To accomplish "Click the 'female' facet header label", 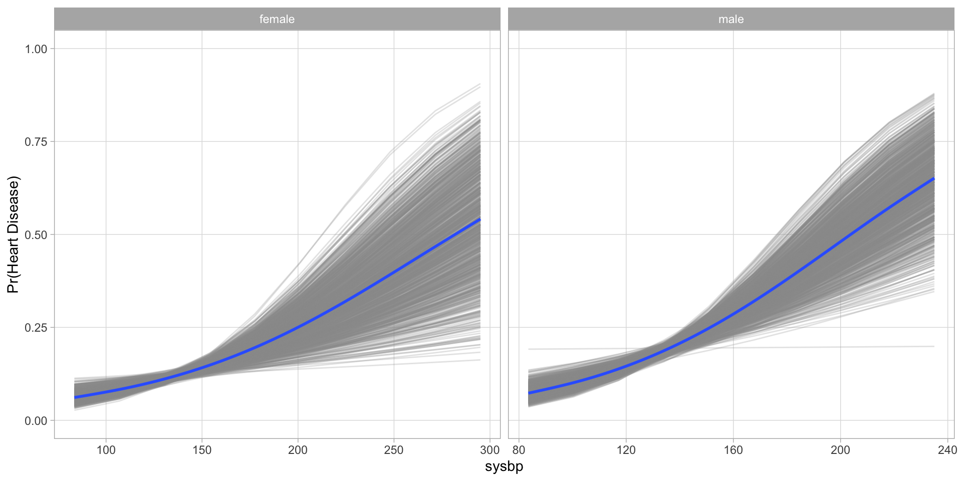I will coord(277,19).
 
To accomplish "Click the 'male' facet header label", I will coord(731,19).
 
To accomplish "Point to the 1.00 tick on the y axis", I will coord(36,49).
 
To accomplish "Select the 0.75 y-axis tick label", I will coord(36,142).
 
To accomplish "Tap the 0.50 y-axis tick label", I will coord(36,234).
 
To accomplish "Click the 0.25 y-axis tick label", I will coord(36,328).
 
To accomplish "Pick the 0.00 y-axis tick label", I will coord(36,420).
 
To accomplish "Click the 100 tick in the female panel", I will coord(106,450).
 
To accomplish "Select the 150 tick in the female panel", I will coord(202,450).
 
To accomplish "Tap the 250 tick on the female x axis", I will coord(394,450).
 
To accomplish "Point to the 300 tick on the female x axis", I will coord(490,450).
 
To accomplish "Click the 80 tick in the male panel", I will coord(519,450).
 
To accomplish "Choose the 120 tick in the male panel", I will coord(626,450).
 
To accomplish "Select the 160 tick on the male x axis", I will coord(733,450).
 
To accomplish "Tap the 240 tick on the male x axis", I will coord(947,450).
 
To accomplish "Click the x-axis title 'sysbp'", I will coord(504,466).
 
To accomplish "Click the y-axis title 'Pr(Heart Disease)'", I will coord(13,234).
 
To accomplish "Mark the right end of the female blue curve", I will coord(480,219).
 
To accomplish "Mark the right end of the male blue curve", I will coord(934,178).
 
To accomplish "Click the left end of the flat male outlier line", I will coord(529,349).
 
